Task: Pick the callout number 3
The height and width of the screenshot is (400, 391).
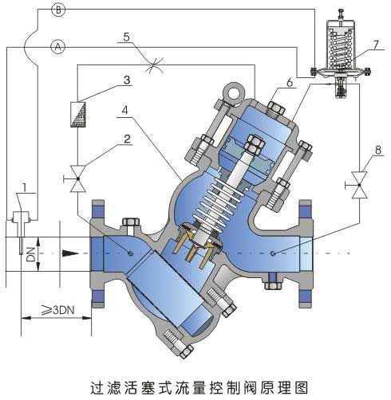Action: click(126, 80)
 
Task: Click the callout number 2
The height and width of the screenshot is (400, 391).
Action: click(125, 138)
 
